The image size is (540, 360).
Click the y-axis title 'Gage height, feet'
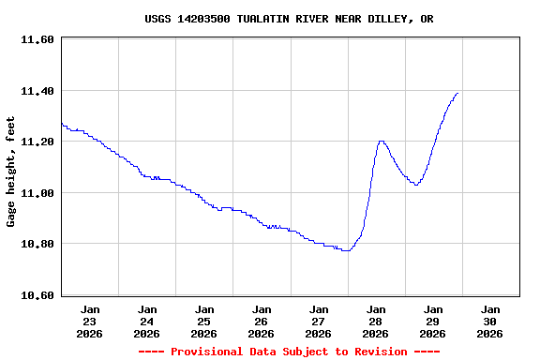pyautogui.click(x=11, y=172)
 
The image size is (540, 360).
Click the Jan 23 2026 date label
pyautogui.click(x=90, y=321)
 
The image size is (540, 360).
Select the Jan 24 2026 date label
pyautogui.click(x=147, y=321)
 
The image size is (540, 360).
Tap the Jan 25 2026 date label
pyautogui.click(x=204, y=321)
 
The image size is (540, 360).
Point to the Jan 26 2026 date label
pyautogui.click(x=262, y=321)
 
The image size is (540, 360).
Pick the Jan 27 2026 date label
pyautogui.click(x=319, y=321)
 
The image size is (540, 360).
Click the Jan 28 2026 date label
pyautogui.click(x=376, y=321)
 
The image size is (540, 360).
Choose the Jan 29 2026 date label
pyautogui.click(x=433, y=321)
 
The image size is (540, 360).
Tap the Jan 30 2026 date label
pyautogui.click(x=490, y=321)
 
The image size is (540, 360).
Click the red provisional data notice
pyautogui.click(x=289, y=352)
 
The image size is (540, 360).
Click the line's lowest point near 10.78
pyautogui.click(x=346, y=250)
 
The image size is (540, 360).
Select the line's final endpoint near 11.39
pyautogui.click(x=457, y=93)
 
